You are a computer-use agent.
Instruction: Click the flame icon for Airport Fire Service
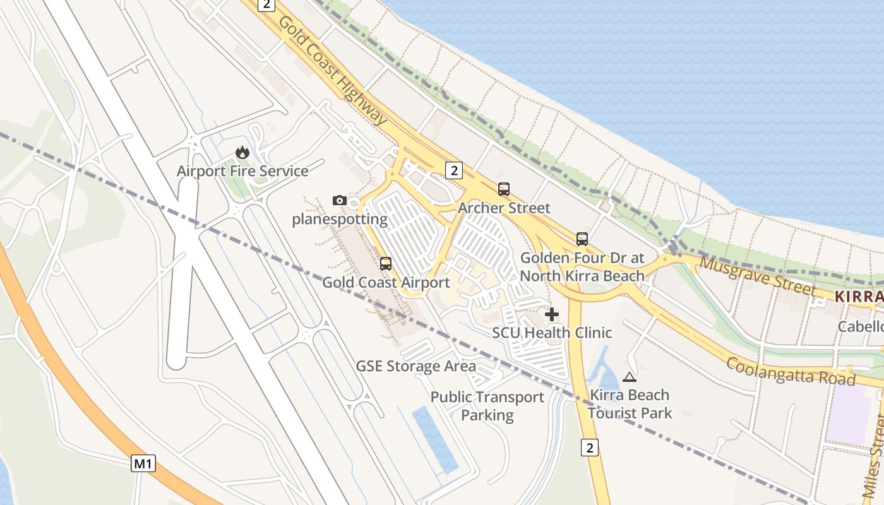242,152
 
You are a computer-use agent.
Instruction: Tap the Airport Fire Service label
242,171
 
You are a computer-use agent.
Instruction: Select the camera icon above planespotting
340,200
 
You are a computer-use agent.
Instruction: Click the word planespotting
340,219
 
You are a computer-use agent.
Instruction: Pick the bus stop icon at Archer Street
503,189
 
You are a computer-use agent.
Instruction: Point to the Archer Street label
504,208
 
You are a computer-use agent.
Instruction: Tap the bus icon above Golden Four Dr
582,239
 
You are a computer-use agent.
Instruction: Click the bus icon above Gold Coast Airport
386,264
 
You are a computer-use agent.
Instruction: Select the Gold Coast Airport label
386,282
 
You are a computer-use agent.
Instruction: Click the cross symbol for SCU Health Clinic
552,314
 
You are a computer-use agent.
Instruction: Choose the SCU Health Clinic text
552,332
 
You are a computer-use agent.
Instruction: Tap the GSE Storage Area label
416,366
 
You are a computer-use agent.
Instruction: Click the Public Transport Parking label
487,406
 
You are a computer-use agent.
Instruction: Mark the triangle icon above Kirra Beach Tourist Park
629,377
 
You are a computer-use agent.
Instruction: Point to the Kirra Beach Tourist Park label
630,404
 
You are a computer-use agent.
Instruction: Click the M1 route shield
143,464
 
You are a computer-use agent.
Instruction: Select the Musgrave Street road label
758,276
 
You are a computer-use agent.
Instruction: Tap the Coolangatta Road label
790,371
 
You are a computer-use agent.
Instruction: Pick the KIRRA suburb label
859,297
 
